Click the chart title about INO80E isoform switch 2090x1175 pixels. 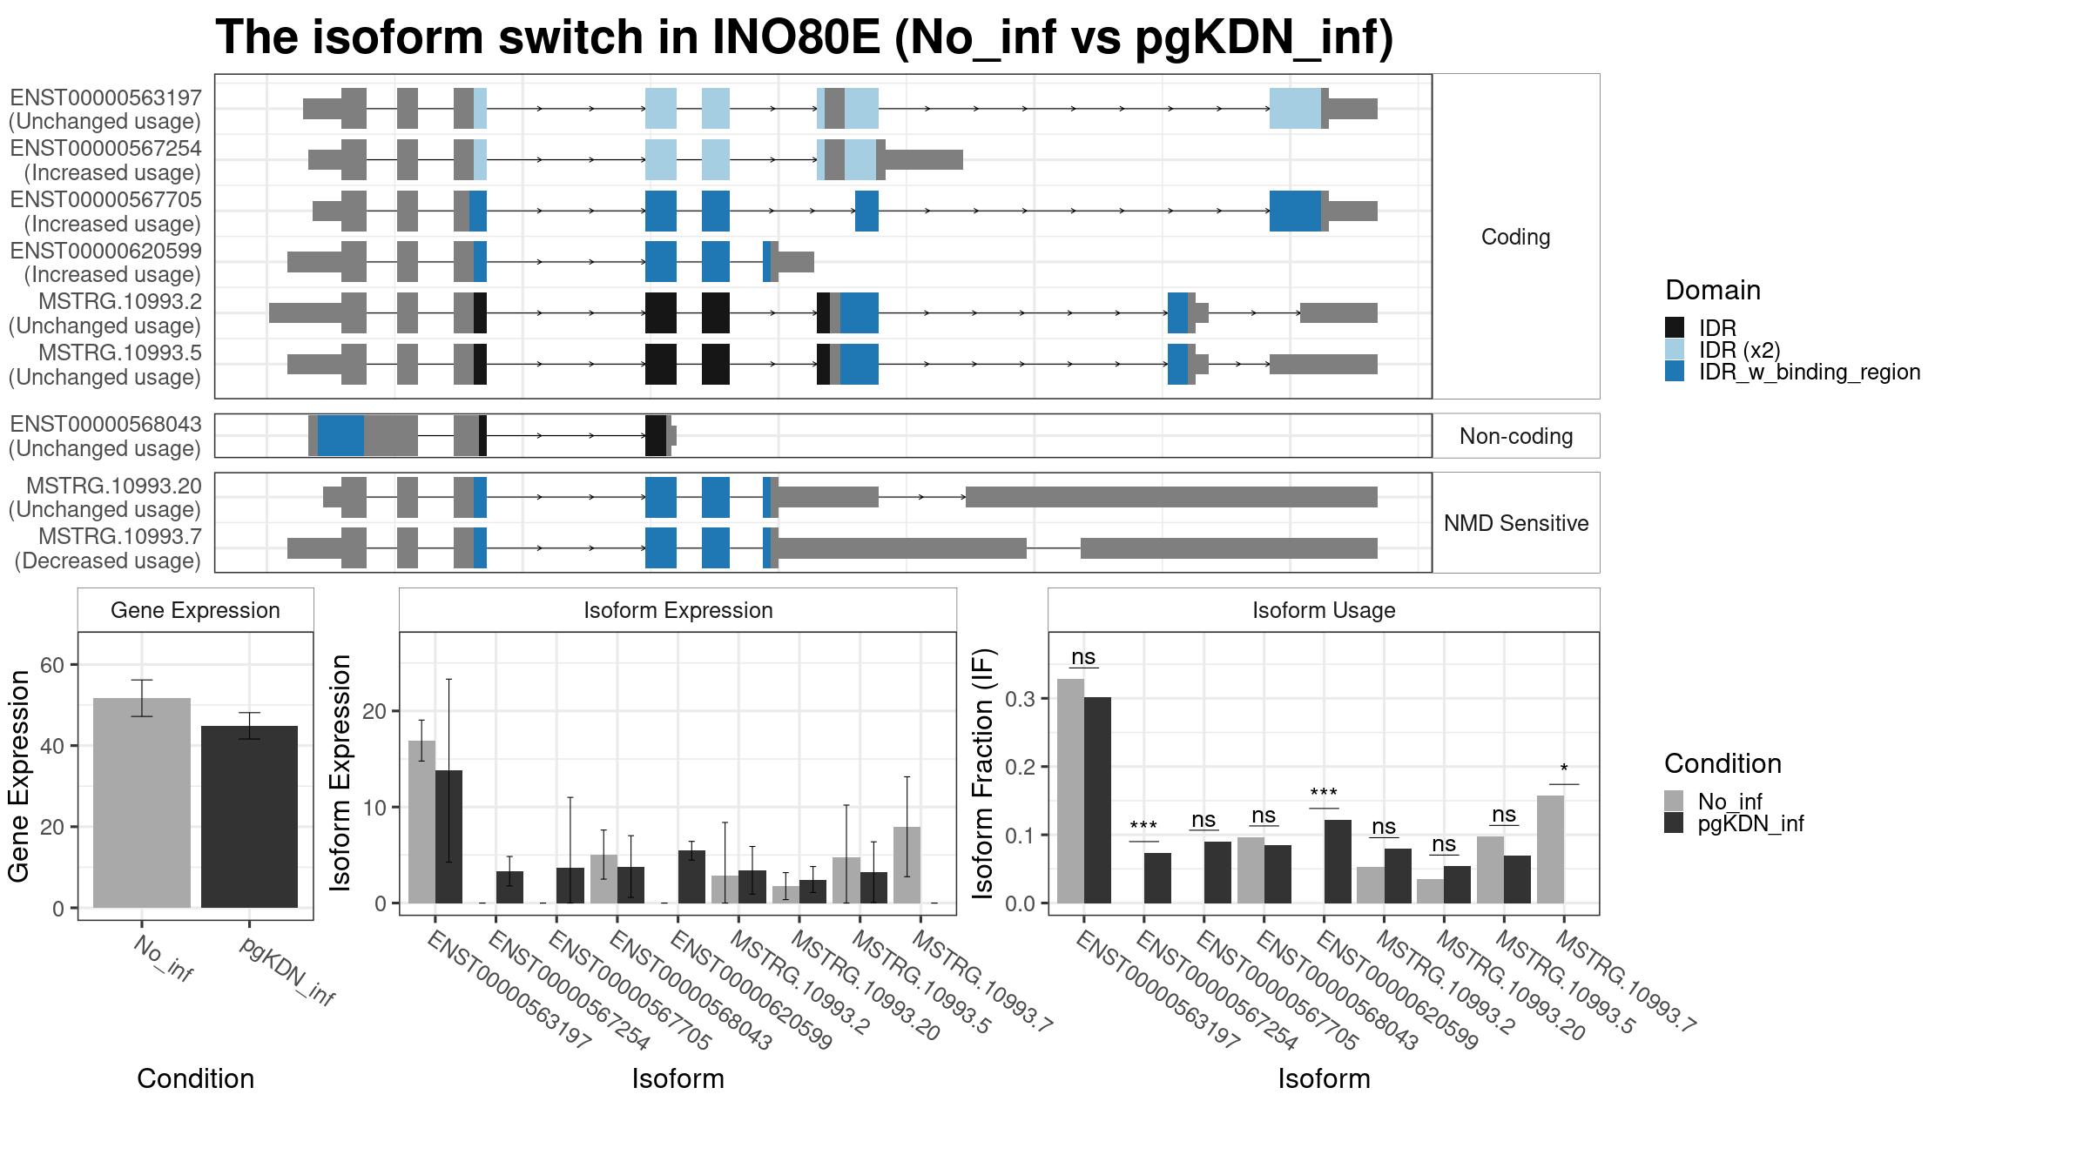click(804, 37)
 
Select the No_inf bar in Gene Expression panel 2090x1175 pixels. click(141, 802)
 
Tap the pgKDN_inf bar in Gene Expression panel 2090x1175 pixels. click(249, 816)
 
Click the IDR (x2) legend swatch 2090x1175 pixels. click(1675, 350)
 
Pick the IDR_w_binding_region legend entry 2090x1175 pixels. click(1792, 372)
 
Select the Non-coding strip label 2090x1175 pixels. click(1516, 436)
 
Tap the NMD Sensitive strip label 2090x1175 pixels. click(1516, 523)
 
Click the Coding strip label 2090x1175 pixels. click(1516, 237)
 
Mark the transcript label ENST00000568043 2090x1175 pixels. click(105, 424)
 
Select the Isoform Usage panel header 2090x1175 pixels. click(1324, 610)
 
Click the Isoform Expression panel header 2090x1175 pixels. click(678, 610)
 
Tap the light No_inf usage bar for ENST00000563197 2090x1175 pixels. click(1070, 791)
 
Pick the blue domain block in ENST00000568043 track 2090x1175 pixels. click(340, 435)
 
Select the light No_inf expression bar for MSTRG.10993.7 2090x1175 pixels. click(907, 865)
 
